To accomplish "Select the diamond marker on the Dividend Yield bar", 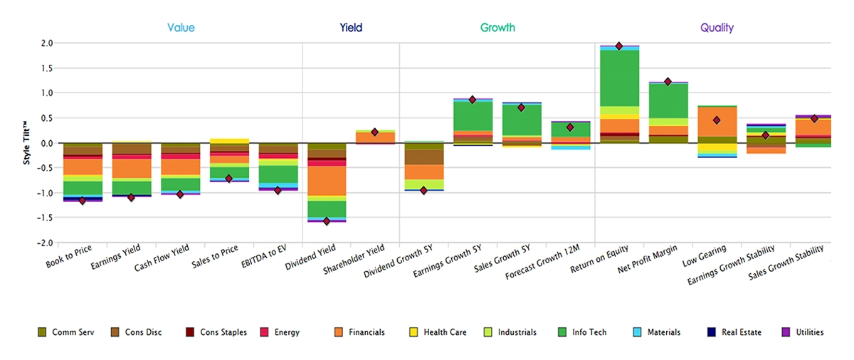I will (x=327, y=221).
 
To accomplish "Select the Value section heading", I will (x=181, y=28).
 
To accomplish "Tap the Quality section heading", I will (x=717, y=28).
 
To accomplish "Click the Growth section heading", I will (x=497, y=28).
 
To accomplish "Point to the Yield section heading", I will (x=351, y=28).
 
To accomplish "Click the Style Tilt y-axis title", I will (x=27, y=143).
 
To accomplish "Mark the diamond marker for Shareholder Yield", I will (x=375, y=132).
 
